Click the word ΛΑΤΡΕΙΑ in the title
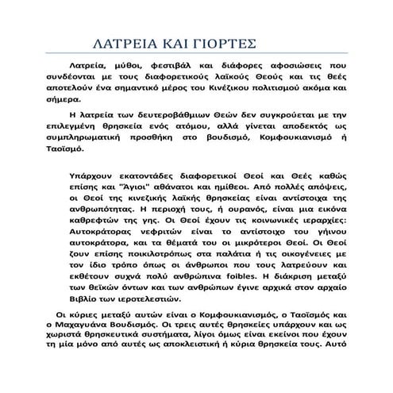(x=121, y=43)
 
